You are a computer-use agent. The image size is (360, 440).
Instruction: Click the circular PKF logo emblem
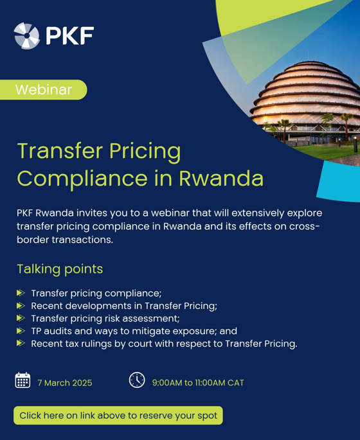[x=26, y=35]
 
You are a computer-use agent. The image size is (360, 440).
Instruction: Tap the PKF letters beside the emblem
[x=70, y=35]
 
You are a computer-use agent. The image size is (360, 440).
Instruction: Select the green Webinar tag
[x=44, y=90]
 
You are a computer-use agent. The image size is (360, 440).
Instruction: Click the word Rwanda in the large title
[x=221, y=178]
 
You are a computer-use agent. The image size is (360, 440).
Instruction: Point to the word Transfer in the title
[x=60, y=151]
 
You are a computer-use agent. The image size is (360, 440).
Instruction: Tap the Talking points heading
[x=60, y=269]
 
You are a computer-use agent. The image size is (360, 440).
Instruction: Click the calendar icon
[x=22, y=380]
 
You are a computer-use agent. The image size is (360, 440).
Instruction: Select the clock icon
[x=137, y=380]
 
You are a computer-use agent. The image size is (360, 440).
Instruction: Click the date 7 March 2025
[x=65, y=383]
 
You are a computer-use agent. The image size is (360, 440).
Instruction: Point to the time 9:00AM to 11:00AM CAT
[x=198, y=383]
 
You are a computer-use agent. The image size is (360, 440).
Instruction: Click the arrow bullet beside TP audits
[x=21, y=331]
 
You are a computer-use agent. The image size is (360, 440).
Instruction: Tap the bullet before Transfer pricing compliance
[x=21, y=293]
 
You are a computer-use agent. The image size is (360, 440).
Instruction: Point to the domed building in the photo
[x=305, y=101]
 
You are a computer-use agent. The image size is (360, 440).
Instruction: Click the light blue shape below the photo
[x=338, y=181]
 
